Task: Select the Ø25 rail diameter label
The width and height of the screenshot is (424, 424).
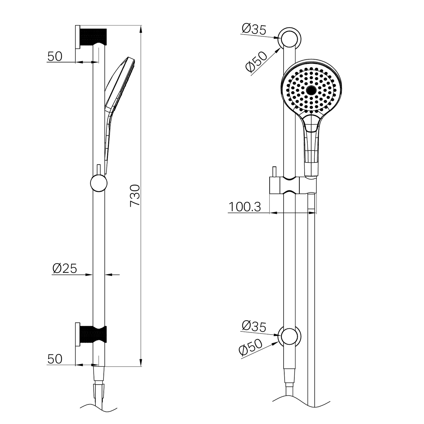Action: pos(65,268)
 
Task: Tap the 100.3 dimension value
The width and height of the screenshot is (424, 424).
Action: pos(245,207)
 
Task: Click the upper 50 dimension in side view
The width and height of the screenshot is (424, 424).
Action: pos(54,56)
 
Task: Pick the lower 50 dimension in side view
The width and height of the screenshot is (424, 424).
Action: pos(54,359)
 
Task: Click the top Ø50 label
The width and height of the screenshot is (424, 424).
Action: pos(256,61)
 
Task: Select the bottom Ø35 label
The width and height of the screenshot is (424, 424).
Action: pos(254,326)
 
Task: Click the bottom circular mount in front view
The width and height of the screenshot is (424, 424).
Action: pos(290,337)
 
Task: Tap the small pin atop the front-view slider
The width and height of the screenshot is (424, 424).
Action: pos(275,172)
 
